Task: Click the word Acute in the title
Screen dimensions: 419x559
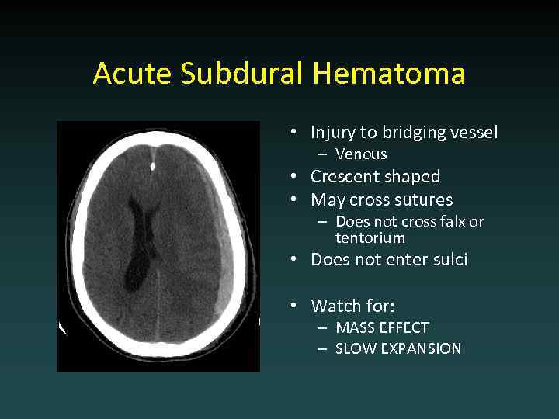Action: click(x=133, y=74)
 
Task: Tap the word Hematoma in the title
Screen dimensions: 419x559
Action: click(x=390, y=74)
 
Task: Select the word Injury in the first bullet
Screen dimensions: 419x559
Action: click(x=333, y=133)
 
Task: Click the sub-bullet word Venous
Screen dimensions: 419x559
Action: click(x=361, y=154)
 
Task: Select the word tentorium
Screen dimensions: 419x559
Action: click(x=370, y=238)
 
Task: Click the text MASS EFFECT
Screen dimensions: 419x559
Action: click(x=382, y=328)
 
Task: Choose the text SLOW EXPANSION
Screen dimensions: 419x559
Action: click(x=398, y=349)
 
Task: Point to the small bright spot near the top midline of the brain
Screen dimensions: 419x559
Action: click(x=153, y=165)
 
